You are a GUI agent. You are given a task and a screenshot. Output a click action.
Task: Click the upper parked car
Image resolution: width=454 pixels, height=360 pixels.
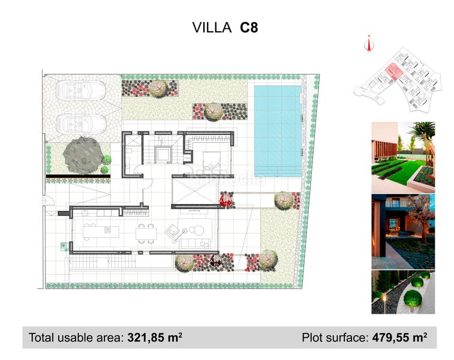tap(80, 90)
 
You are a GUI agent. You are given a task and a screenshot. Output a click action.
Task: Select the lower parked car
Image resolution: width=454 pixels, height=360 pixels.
tap(81, 124)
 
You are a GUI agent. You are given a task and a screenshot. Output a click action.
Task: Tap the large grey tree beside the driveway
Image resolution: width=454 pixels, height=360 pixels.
tap(83, 155)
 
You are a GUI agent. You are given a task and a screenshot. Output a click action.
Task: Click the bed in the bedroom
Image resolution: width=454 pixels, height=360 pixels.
tap(211, 162)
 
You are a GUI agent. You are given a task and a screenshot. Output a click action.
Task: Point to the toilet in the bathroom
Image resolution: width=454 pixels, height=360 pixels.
tap(129, 151)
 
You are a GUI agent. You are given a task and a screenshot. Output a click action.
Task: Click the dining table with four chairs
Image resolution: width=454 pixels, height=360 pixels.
tap(146, 233)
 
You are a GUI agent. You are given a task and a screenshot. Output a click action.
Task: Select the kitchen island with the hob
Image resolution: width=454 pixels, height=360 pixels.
tap(101, 232)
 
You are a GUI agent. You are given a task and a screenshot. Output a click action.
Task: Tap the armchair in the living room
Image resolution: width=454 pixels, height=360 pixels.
tap(172, 230)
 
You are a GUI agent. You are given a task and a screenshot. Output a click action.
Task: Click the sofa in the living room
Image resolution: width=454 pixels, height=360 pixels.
tap(196, 244)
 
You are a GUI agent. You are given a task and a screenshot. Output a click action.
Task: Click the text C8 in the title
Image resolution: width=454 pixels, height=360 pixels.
tap(249, 28)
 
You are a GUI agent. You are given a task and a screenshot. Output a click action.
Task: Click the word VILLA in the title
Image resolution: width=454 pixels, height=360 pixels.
tap(212, 28)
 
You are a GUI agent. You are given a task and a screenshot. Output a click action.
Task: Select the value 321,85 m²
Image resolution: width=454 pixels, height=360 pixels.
tap(155, 337)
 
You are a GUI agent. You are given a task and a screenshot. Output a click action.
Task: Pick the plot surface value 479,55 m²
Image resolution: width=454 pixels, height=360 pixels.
tap(399, 337)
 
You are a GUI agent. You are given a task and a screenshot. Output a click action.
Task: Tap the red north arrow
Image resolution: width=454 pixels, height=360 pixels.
tap(369, 43)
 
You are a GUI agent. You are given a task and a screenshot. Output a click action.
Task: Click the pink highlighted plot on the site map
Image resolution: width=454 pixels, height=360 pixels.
tap(393, 71)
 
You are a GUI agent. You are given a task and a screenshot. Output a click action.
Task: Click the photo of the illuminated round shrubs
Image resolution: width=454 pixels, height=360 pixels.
tap(403, 292)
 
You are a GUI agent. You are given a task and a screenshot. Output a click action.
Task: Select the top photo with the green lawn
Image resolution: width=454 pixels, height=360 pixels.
tap(403, 157)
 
